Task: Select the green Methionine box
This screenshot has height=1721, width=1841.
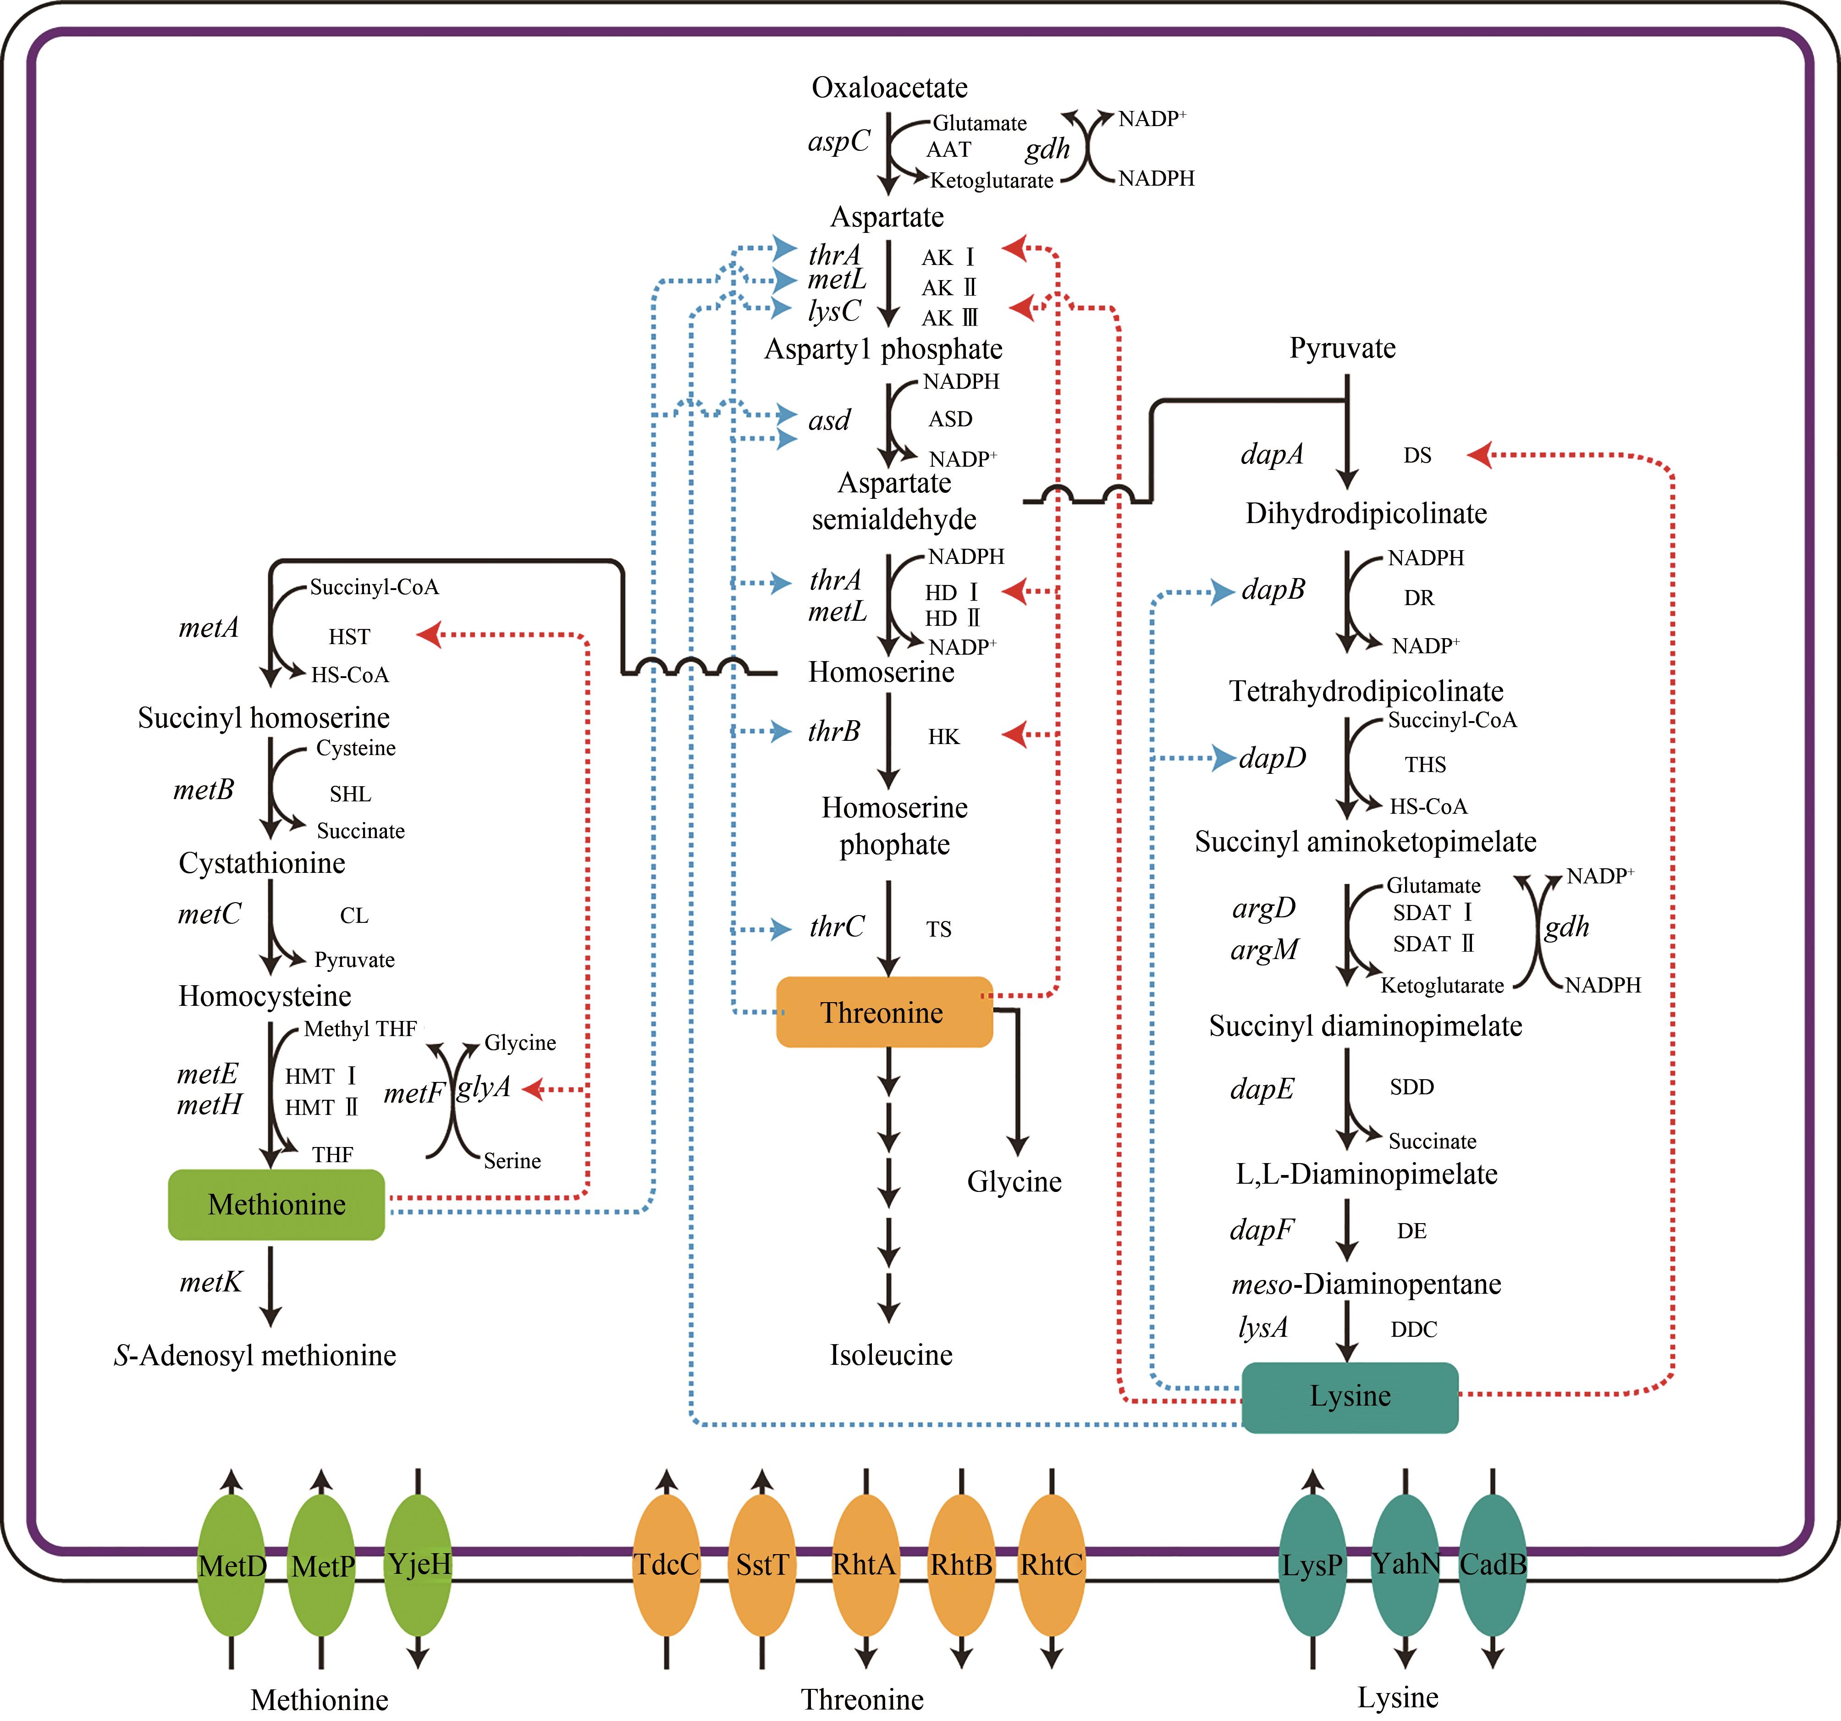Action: coord(276,1204)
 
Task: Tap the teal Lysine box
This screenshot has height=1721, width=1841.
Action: coord(1349,1396)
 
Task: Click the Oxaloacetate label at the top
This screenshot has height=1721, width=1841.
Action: coord(889,88)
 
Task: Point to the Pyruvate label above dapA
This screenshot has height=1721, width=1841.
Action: coord(1342,348)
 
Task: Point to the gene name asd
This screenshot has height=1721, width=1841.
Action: coord(829,420)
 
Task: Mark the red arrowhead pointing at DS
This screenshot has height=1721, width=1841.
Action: coord(1479,455)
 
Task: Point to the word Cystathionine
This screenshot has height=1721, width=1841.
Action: coord(262,863)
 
